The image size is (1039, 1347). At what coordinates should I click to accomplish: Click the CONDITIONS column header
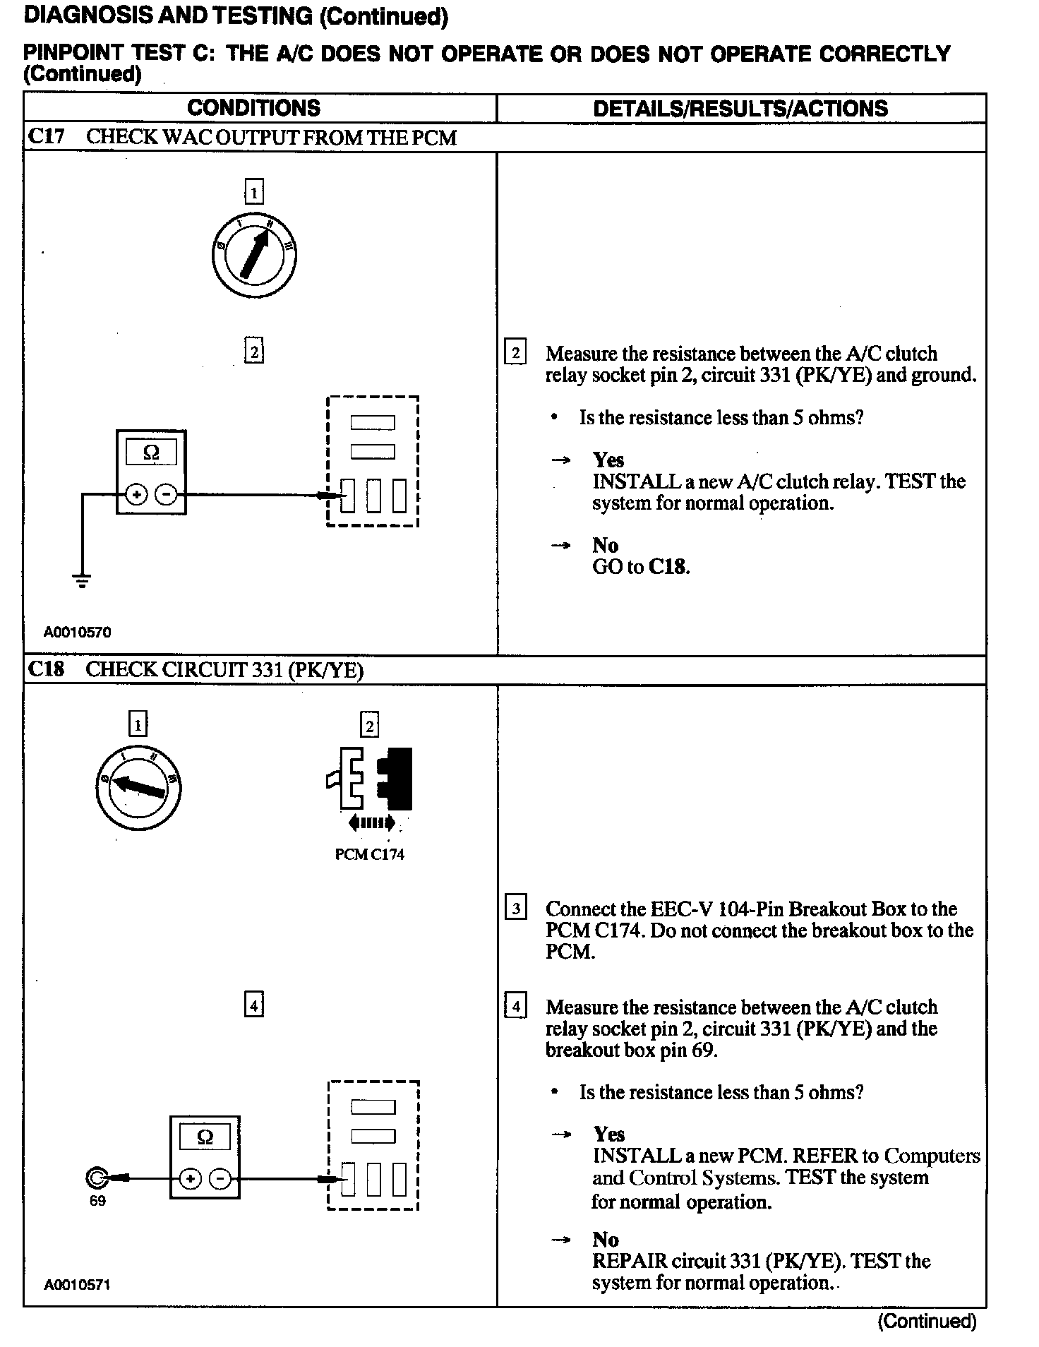[253, 108]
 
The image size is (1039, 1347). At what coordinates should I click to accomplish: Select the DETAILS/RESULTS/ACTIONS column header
[740, 108]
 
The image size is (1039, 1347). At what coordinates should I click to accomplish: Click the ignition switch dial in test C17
[254, 256]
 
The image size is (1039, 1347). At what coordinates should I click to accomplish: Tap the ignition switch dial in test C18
[138, 787]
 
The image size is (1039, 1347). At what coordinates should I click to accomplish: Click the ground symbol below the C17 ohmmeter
[82, 581]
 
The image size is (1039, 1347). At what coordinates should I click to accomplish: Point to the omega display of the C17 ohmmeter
[151, 452]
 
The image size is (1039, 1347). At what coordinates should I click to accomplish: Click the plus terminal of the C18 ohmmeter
[191, 1178]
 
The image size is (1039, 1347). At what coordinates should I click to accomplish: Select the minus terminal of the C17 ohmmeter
[167, 495]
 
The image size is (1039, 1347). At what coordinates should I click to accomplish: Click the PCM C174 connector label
[369, 854]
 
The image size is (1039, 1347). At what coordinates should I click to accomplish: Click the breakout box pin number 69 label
[97, 1201]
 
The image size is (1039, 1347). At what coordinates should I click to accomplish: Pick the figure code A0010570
[77, 633]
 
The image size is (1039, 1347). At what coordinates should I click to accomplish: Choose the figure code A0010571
[77, 1285]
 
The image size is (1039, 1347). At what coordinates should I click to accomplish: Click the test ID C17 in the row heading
[46, 136]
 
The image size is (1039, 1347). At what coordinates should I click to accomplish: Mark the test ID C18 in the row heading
[46, 669]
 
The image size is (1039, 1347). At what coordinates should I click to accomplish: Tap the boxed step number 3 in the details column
[515, 908]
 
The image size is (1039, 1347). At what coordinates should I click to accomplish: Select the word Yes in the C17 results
[608, 460]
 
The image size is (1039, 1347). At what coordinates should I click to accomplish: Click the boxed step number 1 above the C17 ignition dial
[254, 192]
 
